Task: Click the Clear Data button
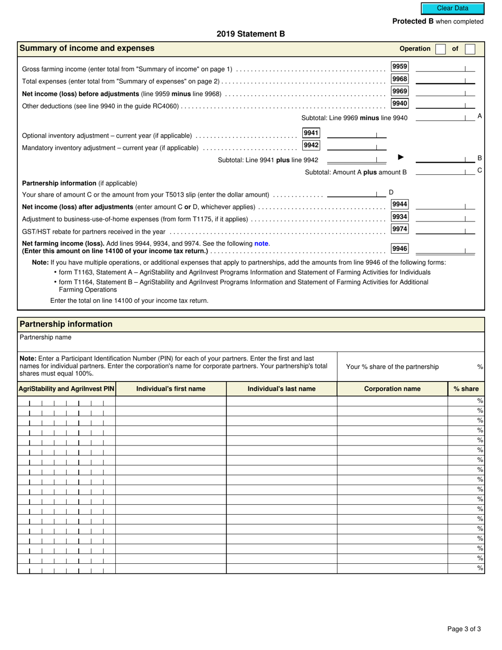452,8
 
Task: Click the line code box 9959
399,67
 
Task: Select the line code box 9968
399,79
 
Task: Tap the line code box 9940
399,104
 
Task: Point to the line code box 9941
311,133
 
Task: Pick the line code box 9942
311,145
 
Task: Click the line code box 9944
399,205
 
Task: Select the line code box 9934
399,217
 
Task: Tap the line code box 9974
399,229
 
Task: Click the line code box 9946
399,248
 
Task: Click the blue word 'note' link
262,244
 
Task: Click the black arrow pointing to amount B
401,157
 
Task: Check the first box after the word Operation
440,49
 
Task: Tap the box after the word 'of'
470,49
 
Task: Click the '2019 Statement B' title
250,34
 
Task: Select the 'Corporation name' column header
392,389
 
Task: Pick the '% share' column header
466,389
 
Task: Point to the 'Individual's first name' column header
171,389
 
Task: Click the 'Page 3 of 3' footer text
464,629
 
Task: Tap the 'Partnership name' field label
45,337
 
